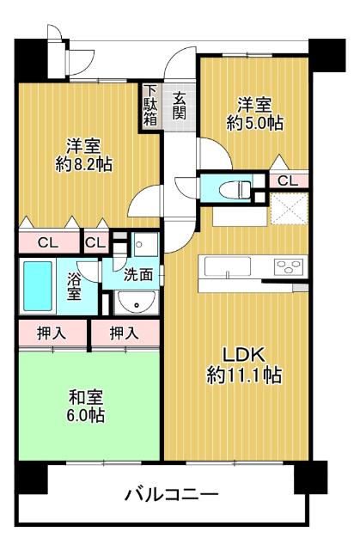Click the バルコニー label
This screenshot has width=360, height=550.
(x=171, y=495)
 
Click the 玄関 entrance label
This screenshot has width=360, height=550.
(x=179, y=106)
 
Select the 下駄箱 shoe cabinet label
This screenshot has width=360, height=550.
(x=150, y=106)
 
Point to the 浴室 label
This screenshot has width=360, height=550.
(x=74, y=285)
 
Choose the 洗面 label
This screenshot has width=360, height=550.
(x=137, y=276)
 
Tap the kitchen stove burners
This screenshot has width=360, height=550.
(x=289, y=266)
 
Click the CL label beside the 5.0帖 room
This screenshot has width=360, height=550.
(x=288, y=180)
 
